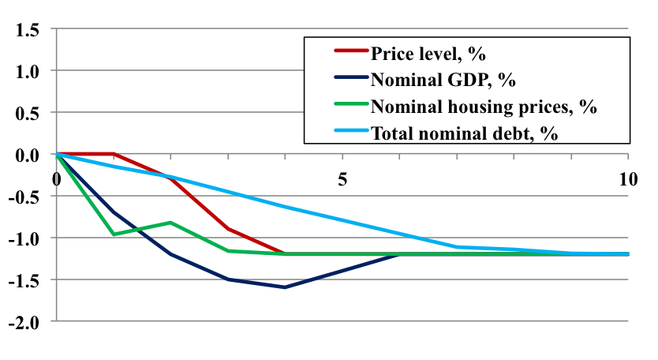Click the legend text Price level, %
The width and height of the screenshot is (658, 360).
(427, 54)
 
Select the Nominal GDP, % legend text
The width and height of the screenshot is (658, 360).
(443, 80)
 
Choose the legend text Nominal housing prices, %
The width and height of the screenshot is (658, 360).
(484, 106)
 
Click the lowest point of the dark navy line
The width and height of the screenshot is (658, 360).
(285, 287)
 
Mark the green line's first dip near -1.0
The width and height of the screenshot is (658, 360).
(114, 234)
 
